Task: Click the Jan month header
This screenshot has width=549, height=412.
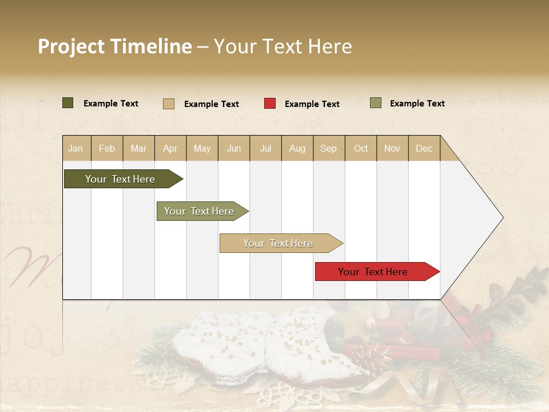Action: pos(76,148)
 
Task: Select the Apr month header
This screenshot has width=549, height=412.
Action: pos(170,148)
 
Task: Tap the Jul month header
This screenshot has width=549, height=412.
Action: pos(265,148)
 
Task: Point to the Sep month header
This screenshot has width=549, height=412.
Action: pos(328,148)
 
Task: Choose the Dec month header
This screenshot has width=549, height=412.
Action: pos(424,148)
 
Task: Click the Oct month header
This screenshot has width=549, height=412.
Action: pos(360,148)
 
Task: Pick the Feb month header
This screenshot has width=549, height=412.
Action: pos(107,148)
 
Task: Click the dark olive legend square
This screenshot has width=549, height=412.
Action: pos(68,103)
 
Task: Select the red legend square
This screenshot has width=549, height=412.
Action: pos(270,104)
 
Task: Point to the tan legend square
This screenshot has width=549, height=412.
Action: pos(169,104)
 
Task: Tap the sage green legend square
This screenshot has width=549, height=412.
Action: pos(376,103)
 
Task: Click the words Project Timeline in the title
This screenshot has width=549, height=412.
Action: pos(114,46)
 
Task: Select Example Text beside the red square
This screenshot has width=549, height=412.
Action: pos(312,104)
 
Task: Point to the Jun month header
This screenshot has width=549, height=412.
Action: pos(234,148)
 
